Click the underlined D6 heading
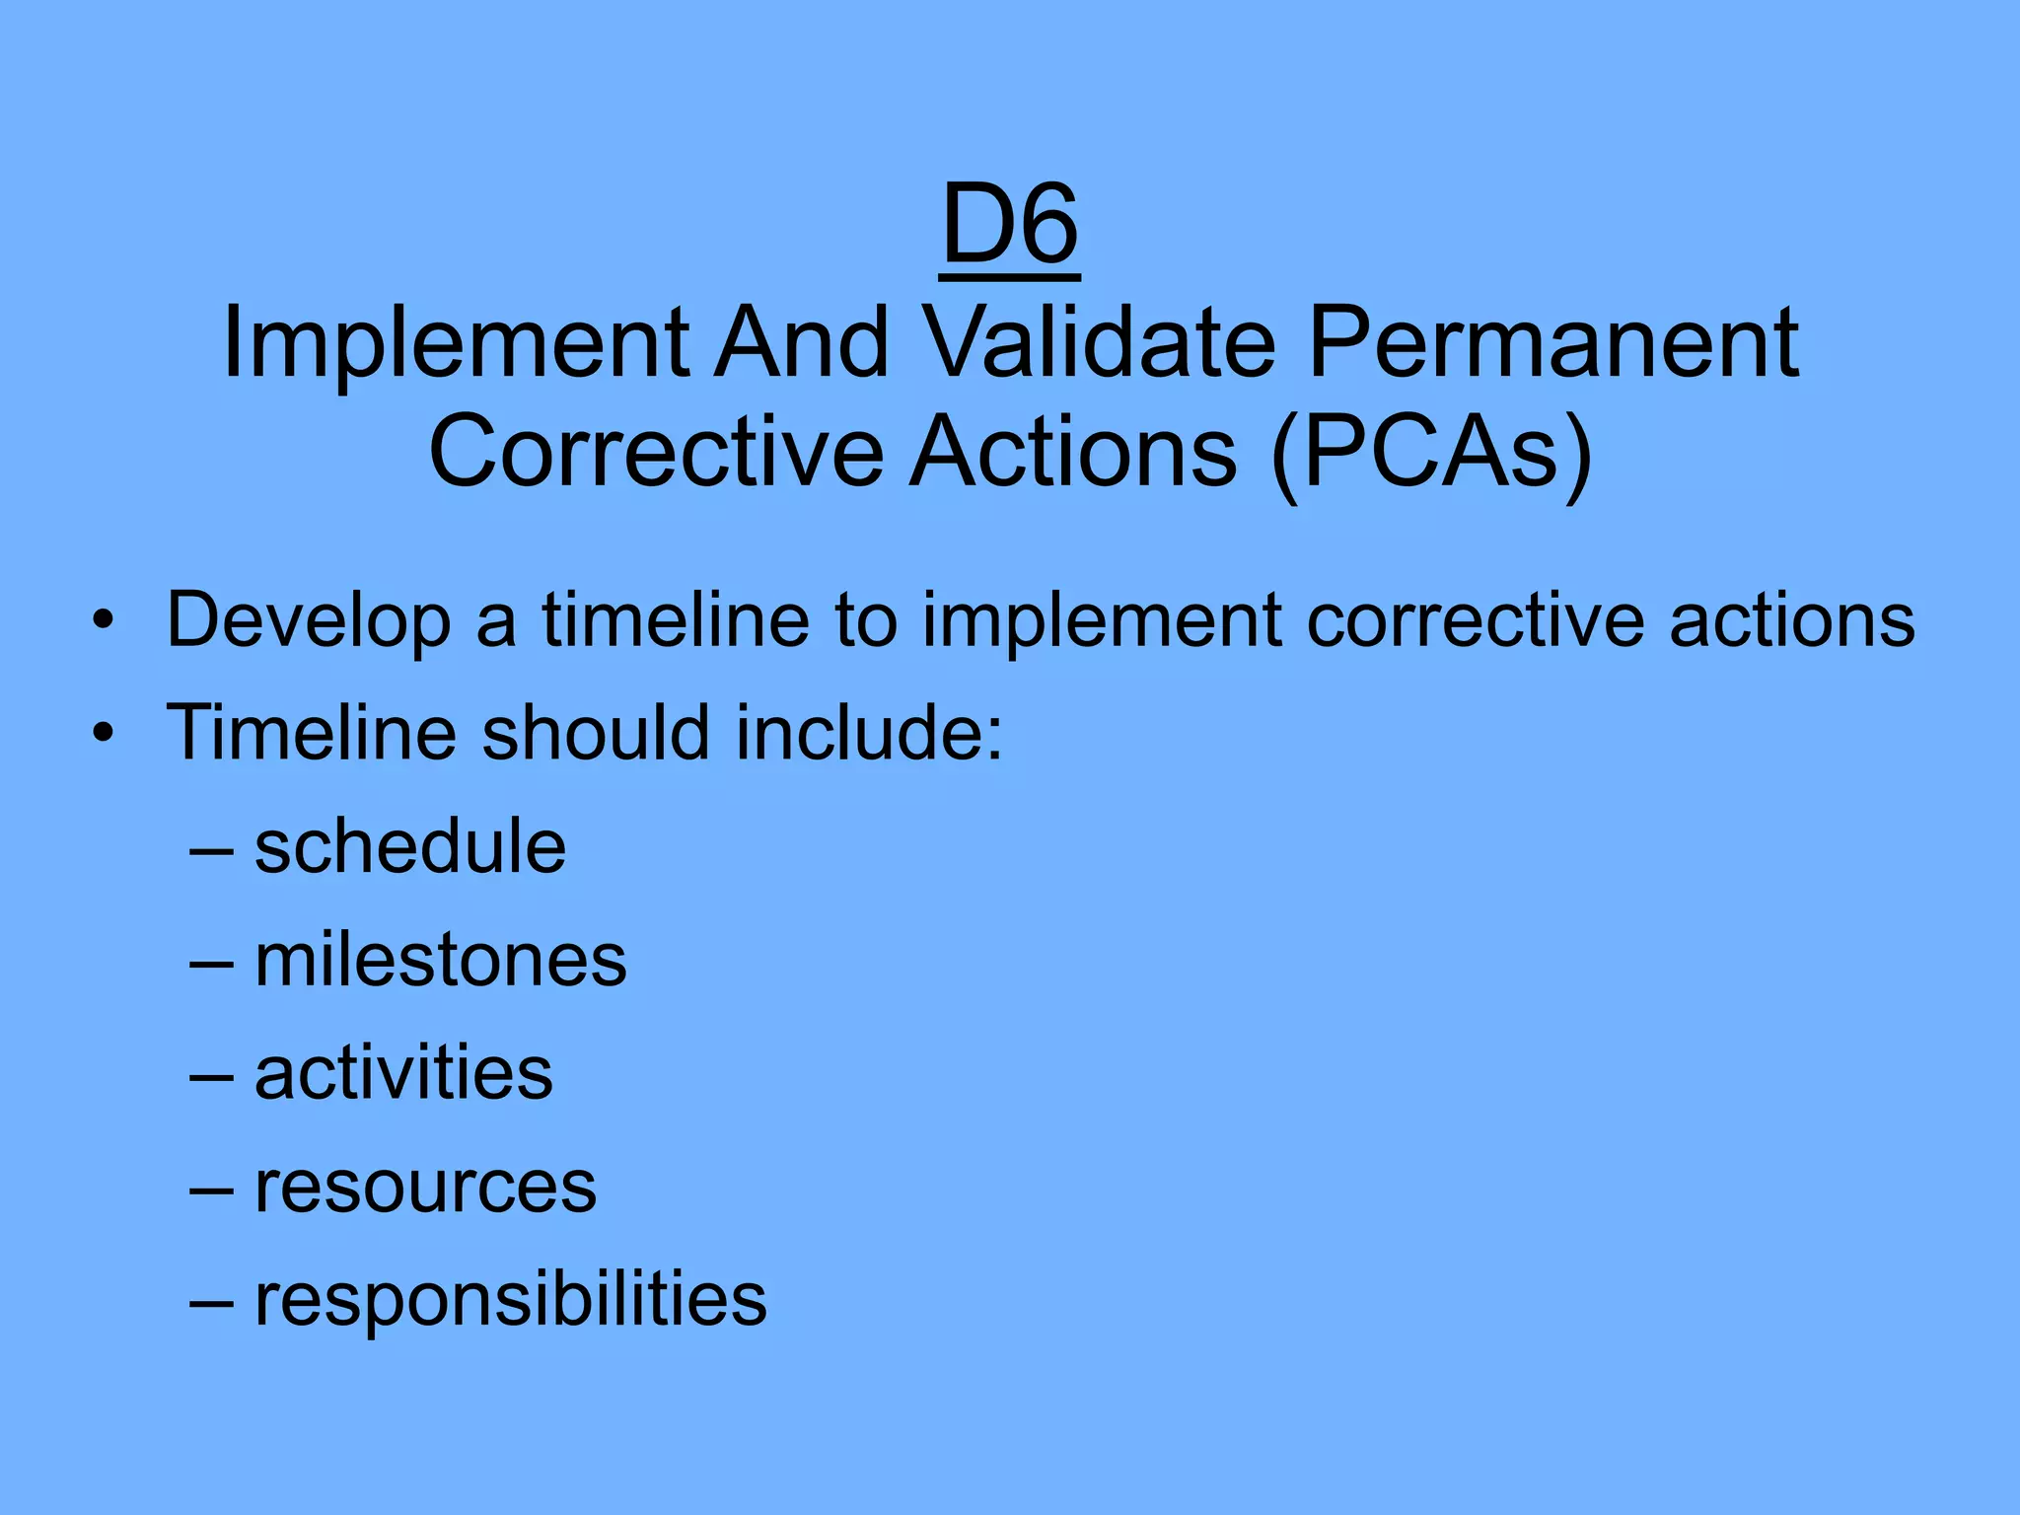pyautogui.click(x=1010, y=227)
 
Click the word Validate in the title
pyautogui.click(x=1101, y=342)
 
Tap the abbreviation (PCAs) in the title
pyautogui.click(x=1430, y=453)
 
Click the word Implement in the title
pyautogui.click(x=456, y=342)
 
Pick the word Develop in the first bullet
pyautogui.click(x=308, y=620)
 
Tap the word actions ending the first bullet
pyautogui.click(x=1792, y=620)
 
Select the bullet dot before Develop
pyautogui.click(x=103, y=622)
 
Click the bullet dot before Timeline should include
pyautogui.click(x=103, y=735)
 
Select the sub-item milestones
pyautogui.click(x=440, y=960)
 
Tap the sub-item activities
pyautogui.click(x=403, y=1072)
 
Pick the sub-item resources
pyautogui.click(x=425, y=1187)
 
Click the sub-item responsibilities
pyautogui.click(x=510, y=1299)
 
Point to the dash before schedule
pyautogui.click(x=211, y=849)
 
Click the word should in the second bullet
pyautogui.click(x=595, y=733)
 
